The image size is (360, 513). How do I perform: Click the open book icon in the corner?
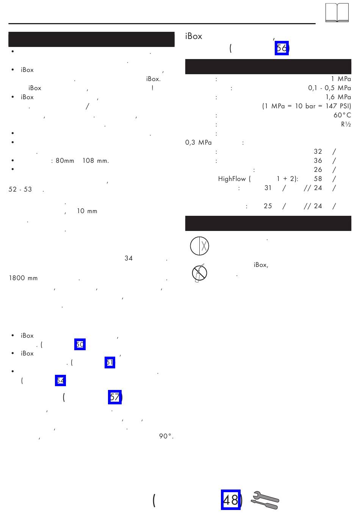337,13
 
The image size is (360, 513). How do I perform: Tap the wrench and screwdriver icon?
265,500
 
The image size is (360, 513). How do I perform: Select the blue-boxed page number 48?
231,500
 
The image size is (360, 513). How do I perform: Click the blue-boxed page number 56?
282,48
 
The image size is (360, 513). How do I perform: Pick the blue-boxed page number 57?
115,397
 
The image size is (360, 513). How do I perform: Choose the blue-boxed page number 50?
80,345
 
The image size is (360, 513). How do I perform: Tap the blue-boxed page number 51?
110,362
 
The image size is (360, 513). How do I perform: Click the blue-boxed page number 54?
60,380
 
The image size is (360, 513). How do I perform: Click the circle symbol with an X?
199,246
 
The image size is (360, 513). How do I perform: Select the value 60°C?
342,115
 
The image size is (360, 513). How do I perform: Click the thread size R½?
346,124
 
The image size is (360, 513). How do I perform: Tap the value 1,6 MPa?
338,97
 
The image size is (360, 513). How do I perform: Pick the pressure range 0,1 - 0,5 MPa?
329,88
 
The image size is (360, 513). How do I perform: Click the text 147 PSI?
338,106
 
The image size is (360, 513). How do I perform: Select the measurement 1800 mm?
23,278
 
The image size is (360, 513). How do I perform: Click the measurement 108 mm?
95,161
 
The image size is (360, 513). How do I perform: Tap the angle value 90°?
166,436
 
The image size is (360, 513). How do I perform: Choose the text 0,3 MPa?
198,142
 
